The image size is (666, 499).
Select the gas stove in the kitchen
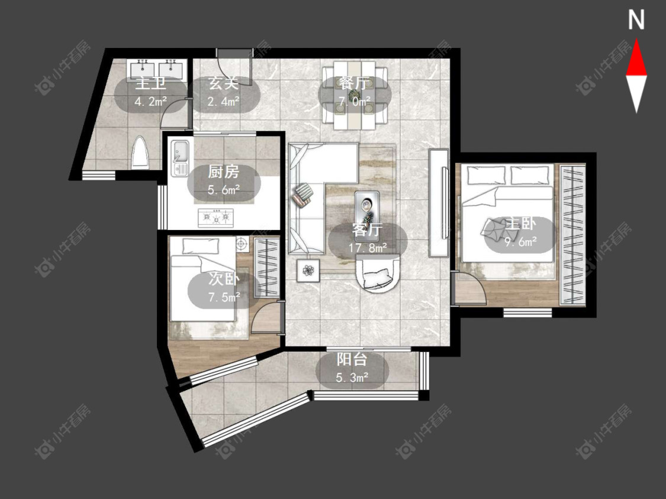(215, 218)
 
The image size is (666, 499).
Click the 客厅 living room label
(368, 230)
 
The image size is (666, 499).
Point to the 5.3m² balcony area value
(352, 377)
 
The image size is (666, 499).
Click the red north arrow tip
(636, 40)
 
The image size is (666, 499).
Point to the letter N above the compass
(636, 20)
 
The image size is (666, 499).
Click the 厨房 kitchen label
(224, 172)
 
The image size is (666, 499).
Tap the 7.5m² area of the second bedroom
(224, 297)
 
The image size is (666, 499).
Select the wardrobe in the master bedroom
(572, 235)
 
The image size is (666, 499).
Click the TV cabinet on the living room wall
(439, 203)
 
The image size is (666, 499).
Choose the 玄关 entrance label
(224, 83)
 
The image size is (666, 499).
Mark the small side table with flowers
(308, 270)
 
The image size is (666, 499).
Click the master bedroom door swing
(469, 289)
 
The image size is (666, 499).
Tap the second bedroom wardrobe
(267, 267)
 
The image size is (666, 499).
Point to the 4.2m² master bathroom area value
(150, 102)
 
